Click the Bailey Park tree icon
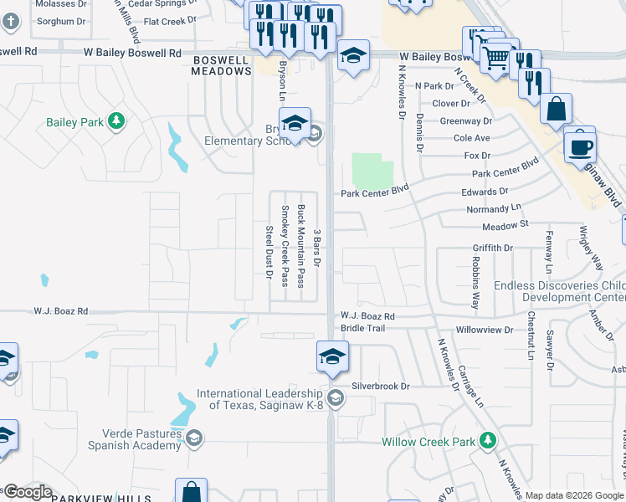(x=116, y=122)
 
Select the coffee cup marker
(x=580, y=146)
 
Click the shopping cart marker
(x=496, y=57)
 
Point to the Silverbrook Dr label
(x=381, y=387)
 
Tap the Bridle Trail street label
(x=362, y=329)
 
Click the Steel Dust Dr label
(x=269, y=253)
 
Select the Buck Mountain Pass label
(x=300, y=247)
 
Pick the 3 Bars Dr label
(x=316, y=248)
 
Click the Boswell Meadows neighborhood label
(x=222, y=65)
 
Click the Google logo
(x=27, y=492)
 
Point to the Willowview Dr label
(x=485, y=330)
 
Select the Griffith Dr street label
(x=492, y=248)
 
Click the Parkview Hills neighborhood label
(x=90, y=498)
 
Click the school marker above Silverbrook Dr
(x=332, y=356)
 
